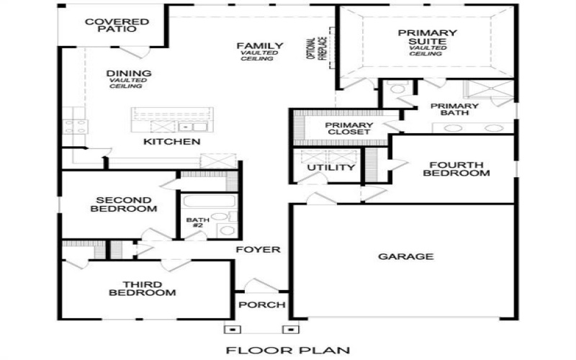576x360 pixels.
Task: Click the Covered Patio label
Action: point(117,27)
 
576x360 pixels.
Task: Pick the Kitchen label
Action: point(171,142)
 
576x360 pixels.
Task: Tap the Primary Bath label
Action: point(454,109)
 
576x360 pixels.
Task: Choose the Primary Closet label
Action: point(349,128)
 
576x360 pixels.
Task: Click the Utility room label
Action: point(331,168)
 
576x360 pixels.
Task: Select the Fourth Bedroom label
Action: point(456,168)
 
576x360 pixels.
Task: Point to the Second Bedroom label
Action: point(123,204)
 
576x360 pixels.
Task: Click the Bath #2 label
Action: point(197,223)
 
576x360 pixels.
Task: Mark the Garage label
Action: point(406,256)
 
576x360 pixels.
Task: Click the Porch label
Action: point(262,305)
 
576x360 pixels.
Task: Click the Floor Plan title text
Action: point(288,351)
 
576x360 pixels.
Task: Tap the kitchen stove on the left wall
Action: point(75,127)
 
